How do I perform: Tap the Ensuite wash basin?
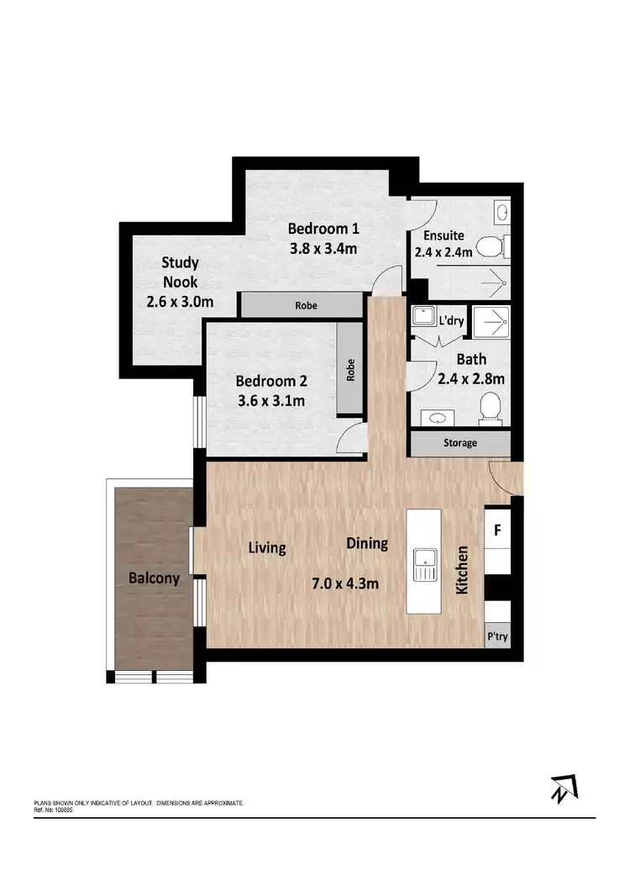pos(501,211)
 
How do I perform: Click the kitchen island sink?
pos(424,563)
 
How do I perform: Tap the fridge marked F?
pos(497,530)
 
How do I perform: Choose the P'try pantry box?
pos(497,636)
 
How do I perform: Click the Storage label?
pos(459,443)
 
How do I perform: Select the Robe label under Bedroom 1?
pos(306,305)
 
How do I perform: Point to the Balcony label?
pos(154,578)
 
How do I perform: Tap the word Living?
pos(267,548)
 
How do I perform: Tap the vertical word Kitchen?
pos(461,571)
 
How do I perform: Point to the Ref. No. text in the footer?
pos(53,810)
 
